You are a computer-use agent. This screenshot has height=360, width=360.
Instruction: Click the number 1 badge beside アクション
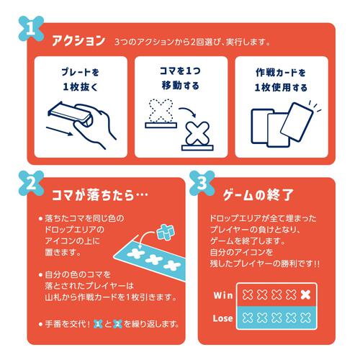28,30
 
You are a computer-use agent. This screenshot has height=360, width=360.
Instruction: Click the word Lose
223,318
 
